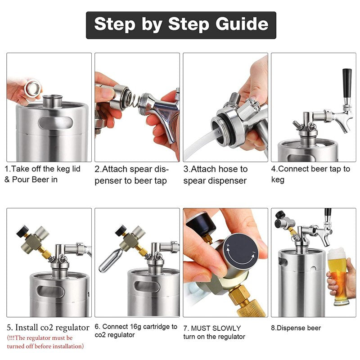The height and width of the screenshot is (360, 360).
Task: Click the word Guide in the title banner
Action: click(x=242, y=25)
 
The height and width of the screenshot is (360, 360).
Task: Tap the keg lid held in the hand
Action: click(x=32, y=88)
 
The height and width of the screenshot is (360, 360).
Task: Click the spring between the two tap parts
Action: click(x=134, y=99)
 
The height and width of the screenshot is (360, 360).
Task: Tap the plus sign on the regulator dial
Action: click(x=228, y=246)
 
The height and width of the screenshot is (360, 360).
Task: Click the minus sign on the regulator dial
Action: click(x=254, y=252)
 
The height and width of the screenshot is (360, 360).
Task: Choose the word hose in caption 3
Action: click(x=228, y=169)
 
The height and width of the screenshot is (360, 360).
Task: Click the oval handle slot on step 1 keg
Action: click(x=55, y=123)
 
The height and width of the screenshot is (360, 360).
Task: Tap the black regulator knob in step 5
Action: click(x=22, y=231)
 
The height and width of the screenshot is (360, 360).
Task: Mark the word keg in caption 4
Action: click(x=278, y=180)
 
